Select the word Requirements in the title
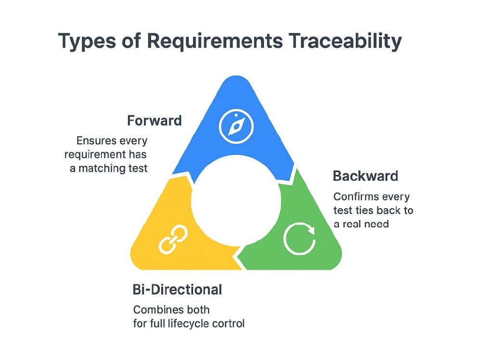[x=215, y=42]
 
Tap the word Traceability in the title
[x=345, y=42]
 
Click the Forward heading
[x=154, y=120]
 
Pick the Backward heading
[x=365, y=176]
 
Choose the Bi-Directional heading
[x=177, y=290]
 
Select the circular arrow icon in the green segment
[x=299, y=238]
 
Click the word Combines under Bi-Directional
[x=157, y=309]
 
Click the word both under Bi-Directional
[x=198, y=309]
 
